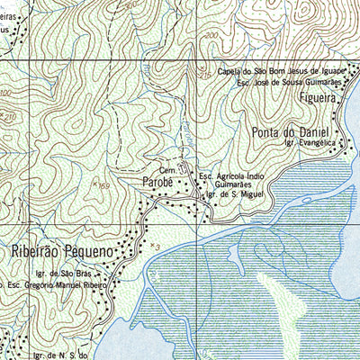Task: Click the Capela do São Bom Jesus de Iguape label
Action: pyautogui.click(x=283, y=70)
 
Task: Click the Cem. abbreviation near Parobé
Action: pyautogui.click(x=166, y=169)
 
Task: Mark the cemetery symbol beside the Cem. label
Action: pyautogui.click(x=182, y=167)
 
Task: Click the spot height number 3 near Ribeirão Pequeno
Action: pyautogui.click(x=155, y=246)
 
